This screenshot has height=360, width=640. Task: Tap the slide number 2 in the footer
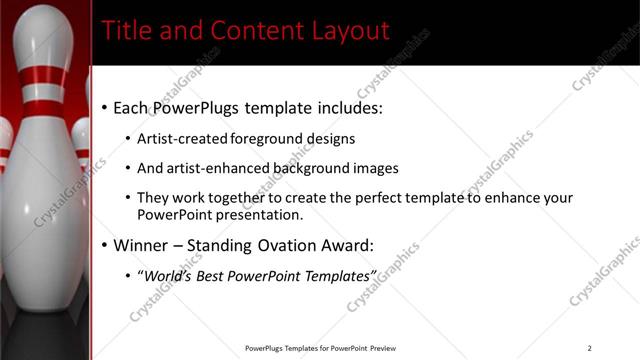tap(590, 348)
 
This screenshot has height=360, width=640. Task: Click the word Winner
tap(142, 245)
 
